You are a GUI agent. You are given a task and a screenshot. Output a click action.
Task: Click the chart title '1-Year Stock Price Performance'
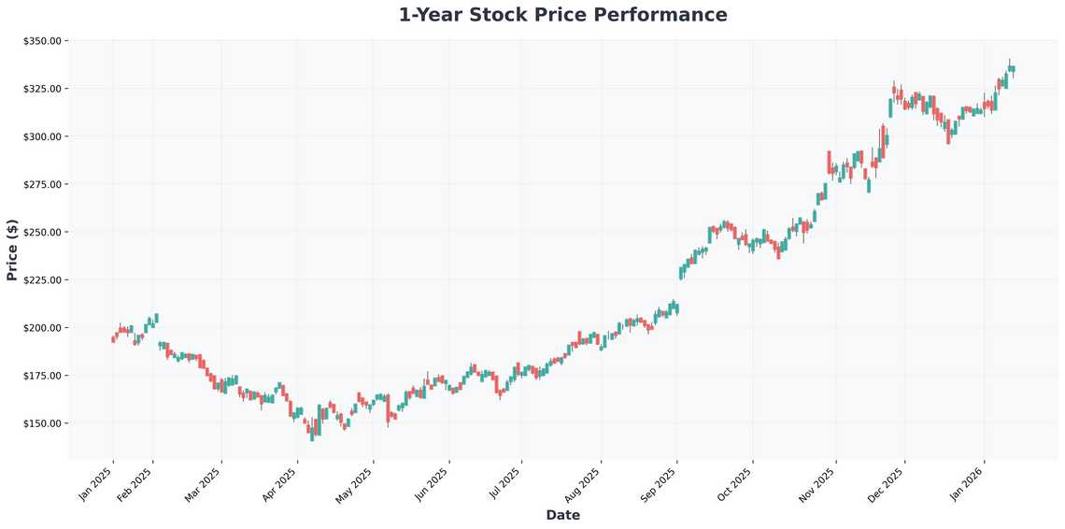tap(562, 15)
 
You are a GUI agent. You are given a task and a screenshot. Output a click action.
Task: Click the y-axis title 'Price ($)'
tap(12, 250)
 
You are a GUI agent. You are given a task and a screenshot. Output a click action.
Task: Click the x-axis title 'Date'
tap(562, 515)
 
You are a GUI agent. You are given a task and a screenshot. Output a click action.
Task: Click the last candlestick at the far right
tap(1013, 68)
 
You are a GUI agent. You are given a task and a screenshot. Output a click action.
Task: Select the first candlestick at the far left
tap(113, 339)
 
